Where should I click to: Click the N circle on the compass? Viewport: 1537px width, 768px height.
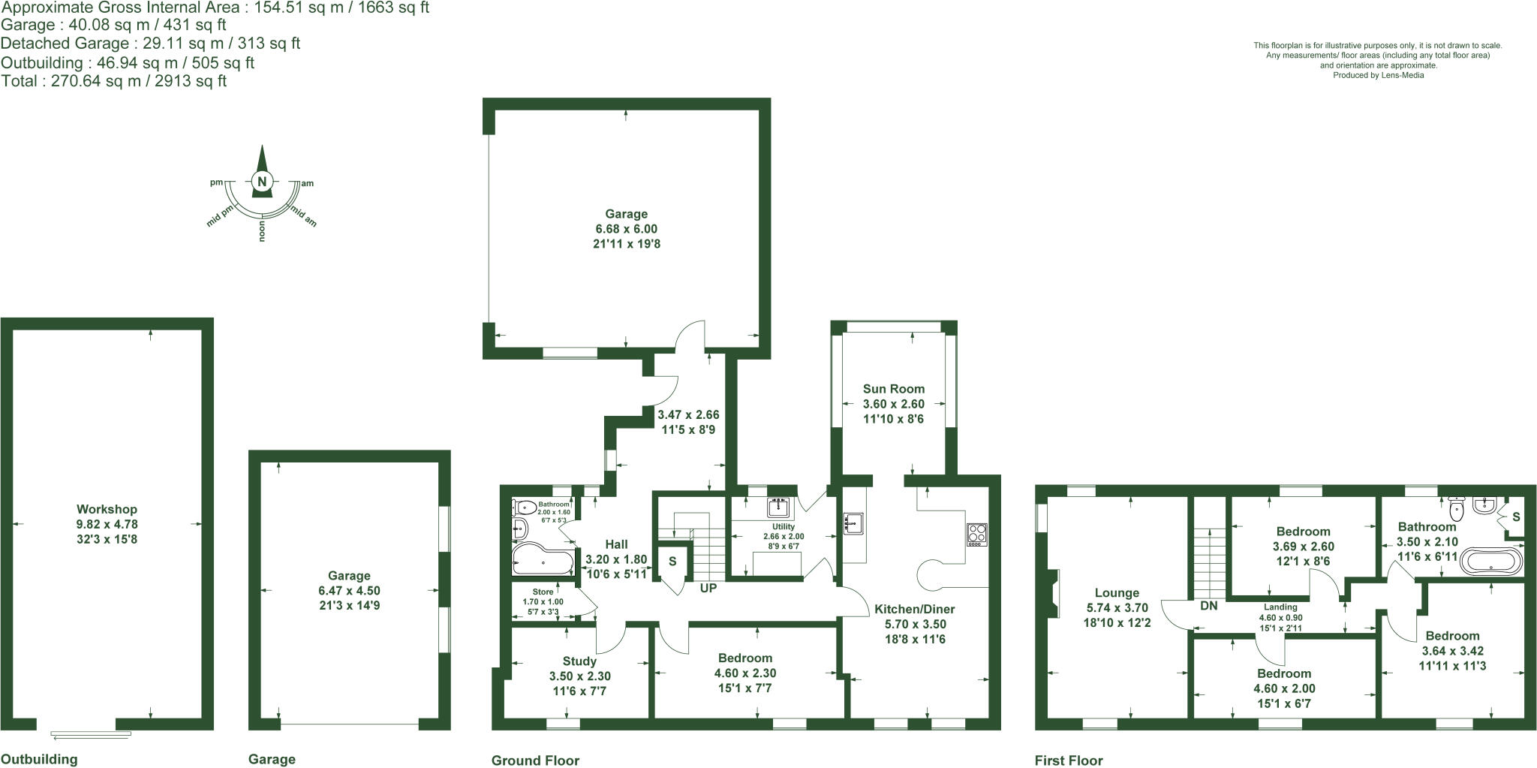tap(262, 181)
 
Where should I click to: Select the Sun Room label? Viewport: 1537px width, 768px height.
tap(893, 389)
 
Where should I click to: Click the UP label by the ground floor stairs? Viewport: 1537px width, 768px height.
tap(708, 589)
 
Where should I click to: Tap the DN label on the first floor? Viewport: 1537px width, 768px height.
tap(1208, 606)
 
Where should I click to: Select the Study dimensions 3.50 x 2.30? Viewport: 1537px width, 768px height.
tap(579, 676)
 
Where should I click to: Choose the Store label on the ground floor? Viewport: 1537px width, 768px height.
tap(543, 592)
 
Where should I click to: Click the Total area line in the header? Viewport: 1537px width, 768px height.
tap(114, 81)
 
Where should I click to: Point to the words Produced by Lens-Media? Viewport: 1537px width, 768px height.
tap(1378, 75)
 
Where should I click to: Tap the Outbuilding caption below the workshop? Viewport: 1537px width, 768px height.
tap(39, 759)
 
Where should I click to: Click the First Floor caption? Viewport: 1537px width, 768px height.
tap(1069, 760)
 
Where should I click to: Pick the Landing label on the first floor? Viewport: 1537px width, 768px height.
tap(1280, 607)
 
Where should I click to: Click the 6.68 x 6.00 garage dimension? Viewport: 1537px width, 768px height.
tap(626, 229)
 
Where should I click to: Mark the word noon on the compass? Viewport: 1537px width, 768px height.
tap(262, 233)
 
